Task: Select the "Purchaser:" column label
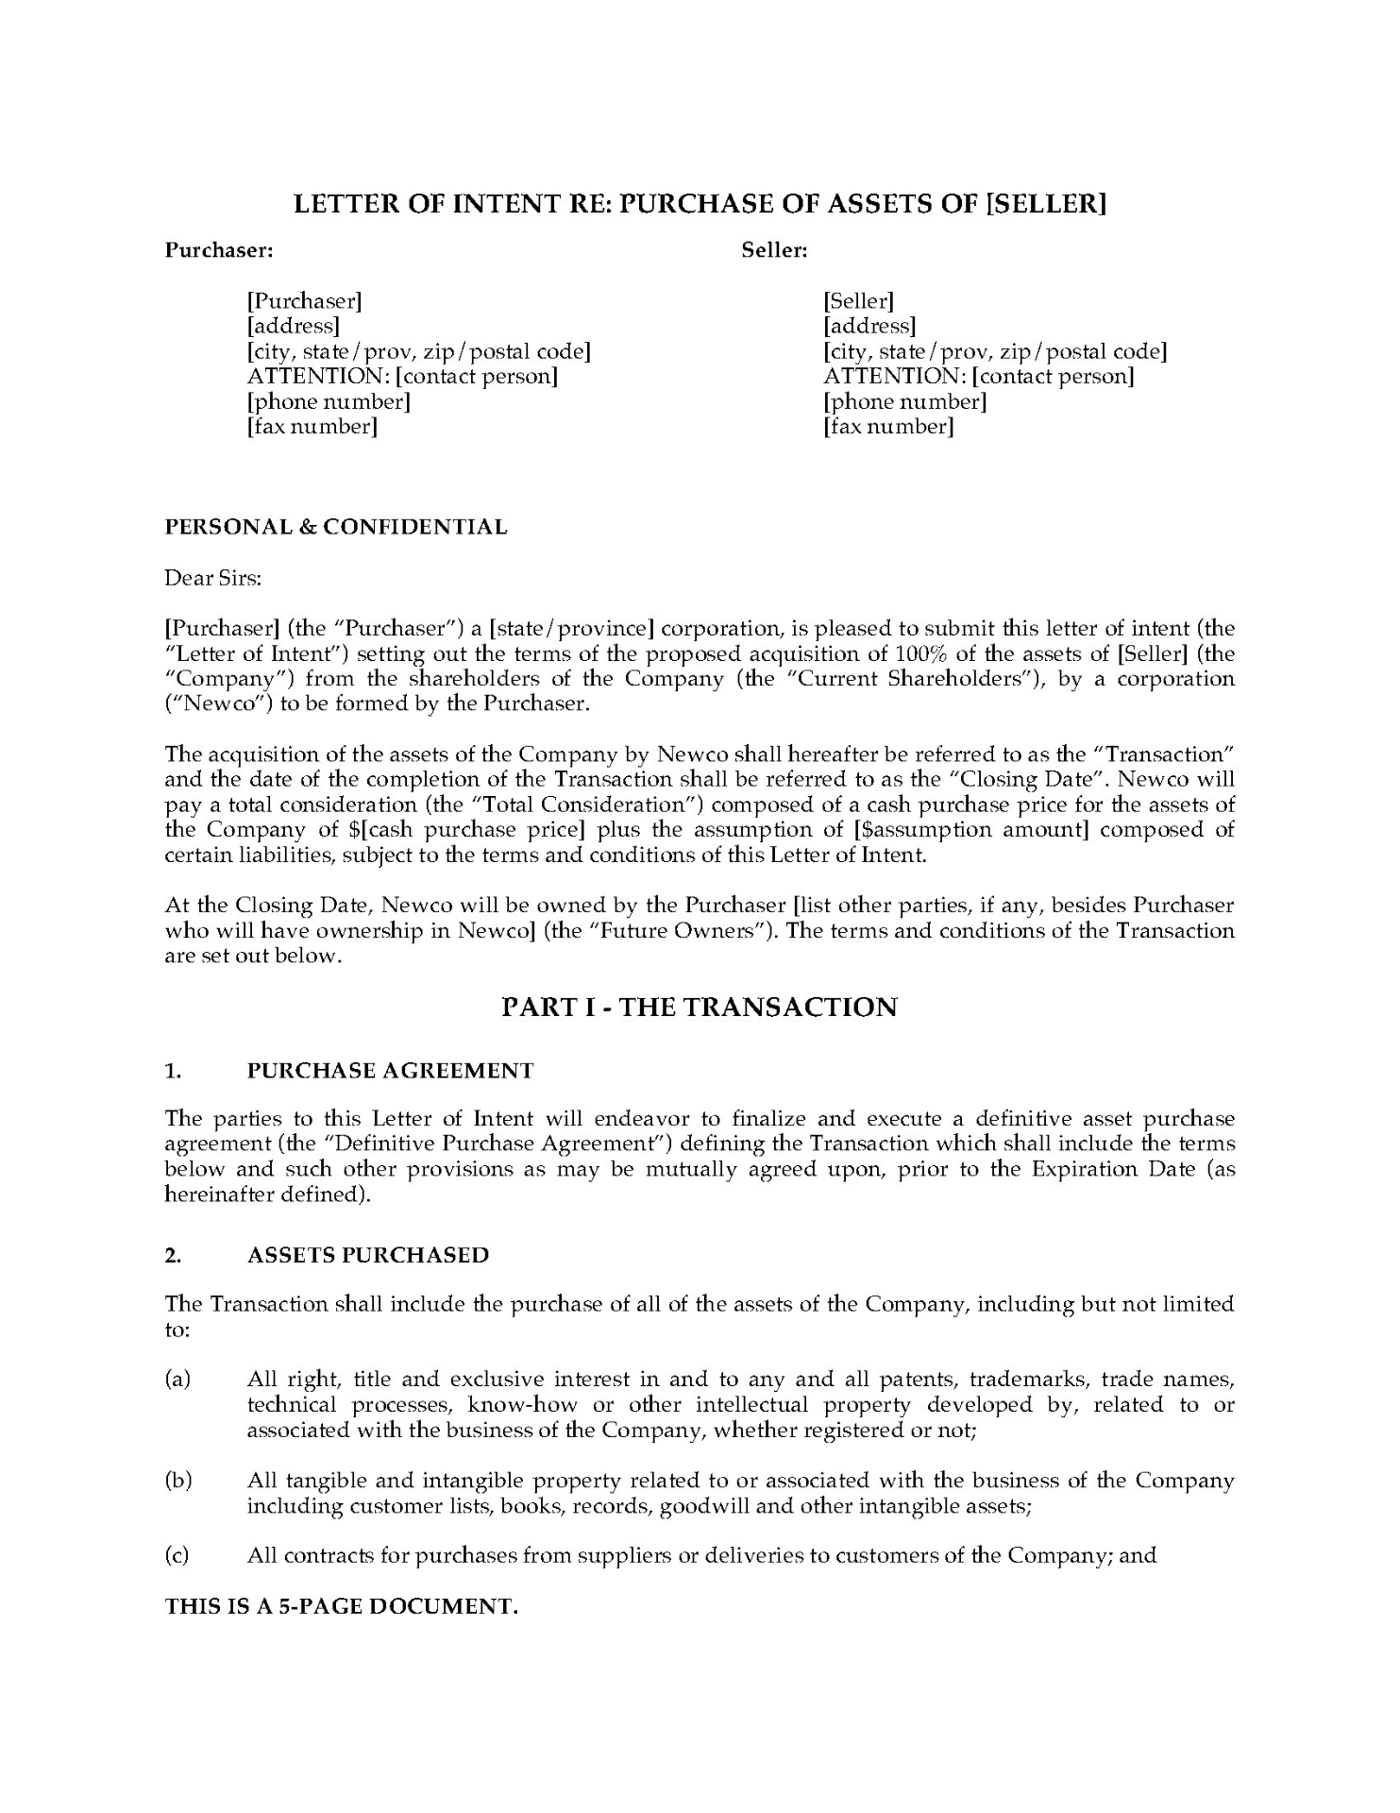tap(219, 250)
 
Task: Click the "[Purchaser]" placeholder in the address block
tap(304, 301)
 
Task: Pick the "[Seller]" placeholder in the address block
tap(858, 301)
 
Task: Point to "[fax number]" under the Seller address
tap(888, 427)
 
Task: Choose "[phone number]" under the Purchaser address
tap(328, 402)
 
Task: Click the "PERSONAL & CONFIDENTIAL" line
tap(336, 527)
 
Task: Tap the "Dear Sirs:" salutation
tap(212, 578)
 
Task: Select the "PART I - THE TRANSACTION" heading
tap(699, 1008)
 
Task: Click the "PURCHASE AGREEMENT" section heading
tap(390, 1071)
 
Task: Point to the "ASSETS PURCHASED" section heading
tap(368, 1255)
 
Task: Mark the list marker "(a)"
tap(177, 1380)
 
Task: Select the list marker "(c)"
tap(177, 1555)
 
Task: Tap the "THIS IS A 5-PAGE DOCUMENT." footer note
tap(342, 1607)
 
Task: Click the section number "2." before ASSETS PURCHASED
tap(173, 1255)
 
